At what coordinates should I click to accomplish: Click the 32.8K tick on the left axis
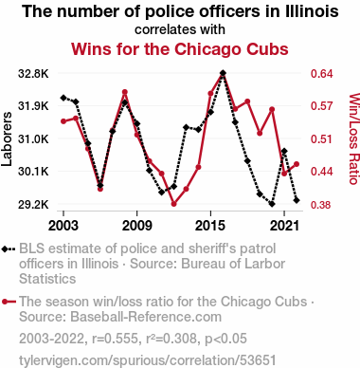point(33,74)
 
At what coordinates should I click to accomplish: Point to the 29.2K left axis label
point(33,205)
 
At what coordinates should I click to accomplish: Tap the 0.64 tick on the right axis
point(322,74)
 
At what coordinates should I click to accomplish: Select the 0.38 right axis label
point(322,205)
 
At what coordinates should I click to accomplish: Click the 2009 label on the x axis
point(136,226)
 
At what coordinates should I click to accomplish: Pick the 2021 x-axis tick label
point(284,226)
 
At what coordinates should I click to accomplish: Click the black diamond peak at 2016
point(223,73)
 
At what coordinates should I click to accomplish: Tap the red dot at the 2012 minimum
point(173,204)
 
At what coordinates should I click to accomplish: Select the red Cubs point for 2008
point(125,92)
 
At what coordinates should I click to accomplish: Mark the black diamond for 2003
point(63,98)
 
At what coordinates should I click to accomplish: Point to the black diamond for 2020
point(272,204)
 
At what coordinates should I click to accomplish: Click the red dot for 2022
point(297,164)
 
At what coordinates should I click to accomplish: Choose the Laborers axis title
point(7,138)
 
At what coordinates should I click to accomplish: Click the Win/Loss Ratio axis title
point(354,138)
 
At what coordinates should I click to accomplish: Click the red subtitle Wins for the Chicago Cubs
point(180,49)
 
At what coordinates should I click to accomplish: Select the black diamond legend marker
point(9,249)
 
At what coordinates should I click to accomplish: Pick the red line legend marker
point(9,302)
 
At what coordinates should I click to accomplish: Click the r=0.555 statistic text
point(115,339)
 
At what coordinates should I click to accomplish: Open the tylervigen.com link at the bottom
point(148,360)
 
